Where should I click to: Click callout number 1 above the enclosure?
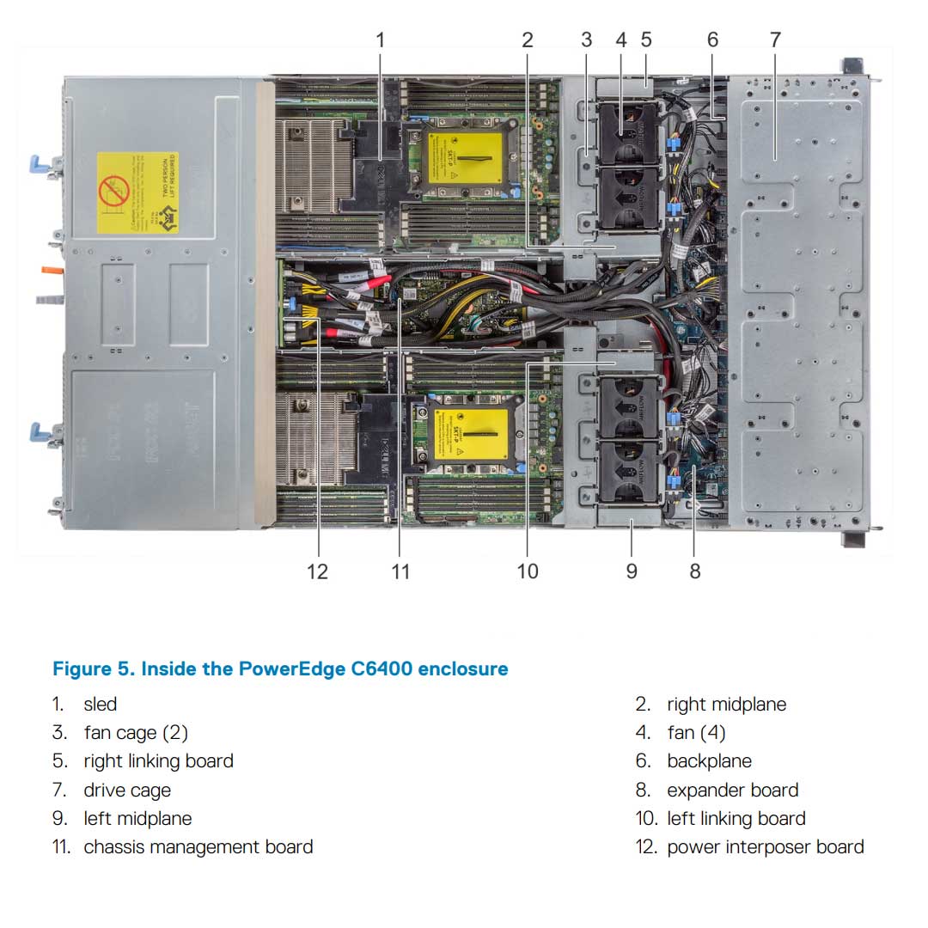tap(381, 40)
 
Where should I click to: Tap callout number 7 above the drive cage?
tap(775, 40)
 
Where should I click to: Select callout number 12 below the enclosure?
tap(317, 571)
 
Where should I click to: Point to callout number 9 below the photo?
tap(632, 571)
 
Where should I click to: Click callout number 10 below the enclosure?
tap(528, 571)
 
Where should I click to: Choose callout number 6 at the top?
tap(712, 40)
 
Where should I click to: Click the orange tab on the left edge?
tap(52, 271)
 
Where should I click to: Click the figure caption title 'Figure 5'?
tap(280, 669)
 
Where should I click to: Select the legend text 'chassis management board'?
tap(198, 846)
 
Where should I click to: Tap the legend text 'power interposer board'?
tap(765, 846)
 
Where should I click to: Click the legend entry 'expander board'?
tap(732, 790)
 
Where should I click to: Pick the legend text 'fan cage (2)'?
tap(135, 733)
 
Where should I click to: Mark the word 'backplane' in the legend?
tap(709, 761)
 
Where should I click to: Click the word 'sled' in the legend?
tap(100, 705)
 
